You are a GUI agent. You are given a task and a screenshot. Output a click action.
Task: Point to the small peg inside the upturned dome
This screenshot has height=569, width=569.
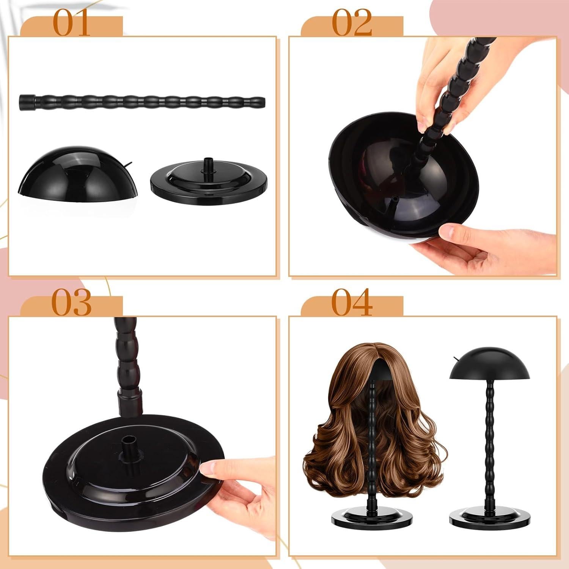(395, 200)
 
